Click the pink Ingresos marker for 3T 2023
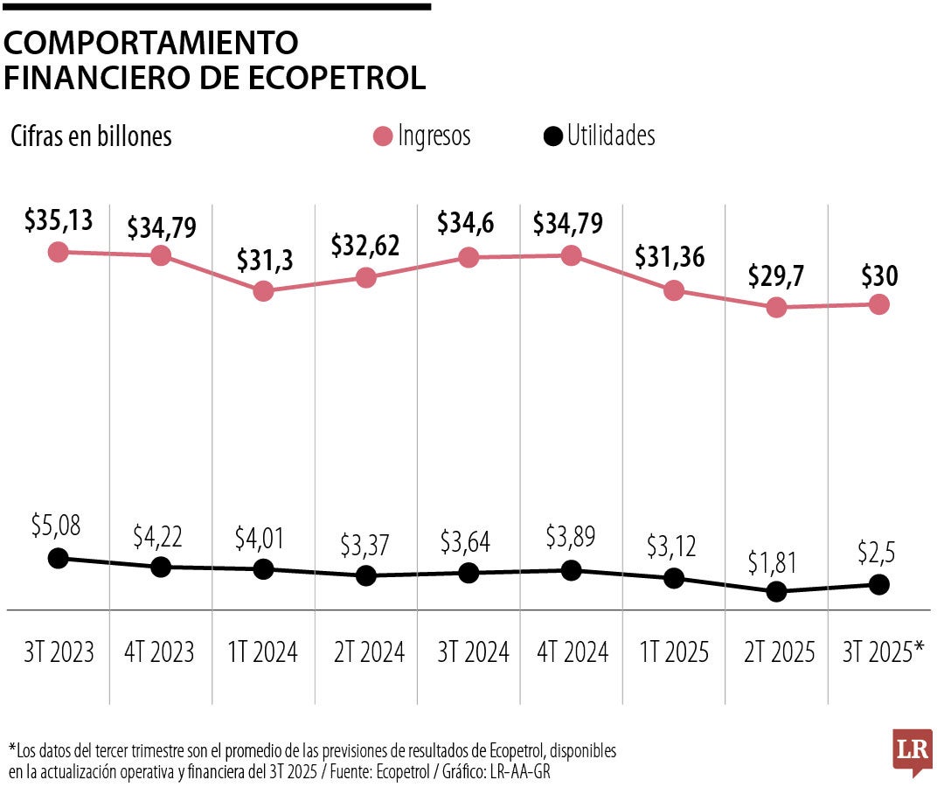(x=58, y=252)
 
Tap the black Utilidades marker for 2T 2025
(x=776, y=592)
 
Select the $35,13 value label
(x=59, y=221)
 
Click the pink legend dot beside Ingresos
(x=382, y=136)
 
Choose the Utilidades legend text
(x=610, y=136)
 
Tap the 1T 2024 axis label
(x=263, y=652)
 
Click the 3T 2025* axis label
(x=883, y=652)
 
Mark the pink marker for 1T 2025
(x=673, y=291)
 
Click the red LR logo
(x=913, y=751)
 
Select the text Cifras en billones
(x=91, y=137)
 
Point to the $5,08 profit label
(x=58, y=526)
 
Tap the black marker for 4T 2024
(x=571, y=571)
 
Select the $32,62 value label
(x=365, y=247)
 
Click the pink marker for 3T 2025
(x=878, y=304)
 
